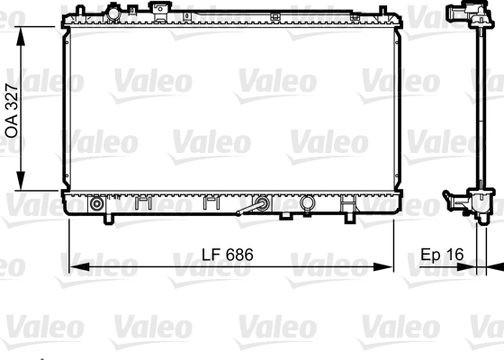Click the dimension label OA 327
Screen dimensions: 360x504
(12, 107)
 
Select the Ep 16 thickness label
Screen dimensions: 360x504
(441, 255)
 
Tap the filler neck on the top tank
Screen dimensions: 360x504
(113, 13)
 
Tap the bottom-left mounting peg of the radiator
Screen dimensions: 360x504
(108, 218)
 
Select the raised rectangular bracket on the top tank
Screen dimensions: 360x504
(161, 12)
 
